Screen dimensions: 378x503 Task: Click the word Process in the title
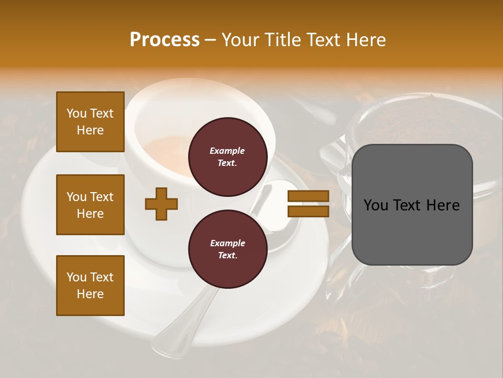(165, 40)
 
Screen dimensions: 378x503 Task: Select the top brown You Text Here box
(90, 122)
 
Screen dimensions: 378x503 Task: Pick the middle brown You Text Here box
(90, 205)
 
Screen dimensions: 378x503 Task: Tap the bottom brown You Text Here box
(90, 286)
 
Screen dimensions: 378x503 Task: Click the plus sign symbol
(161, 203)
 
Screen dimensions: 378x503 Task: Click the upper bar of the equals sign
(308, 196)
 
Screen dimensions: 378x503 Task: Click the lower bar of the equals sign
(308, 211)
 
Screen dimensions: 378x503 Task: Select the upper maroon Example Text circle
(227, 156)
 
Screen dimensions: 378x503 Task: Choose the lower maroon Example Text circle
(227, 249)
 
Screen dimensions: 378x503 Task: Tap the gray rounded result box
(412, 205)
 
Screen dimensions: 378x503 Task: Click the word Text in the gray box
(412, 205)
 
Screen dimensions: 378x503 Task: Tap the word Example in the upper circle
(227, 151)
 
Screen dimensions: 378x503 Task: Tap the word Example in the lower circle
(227, 243)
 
